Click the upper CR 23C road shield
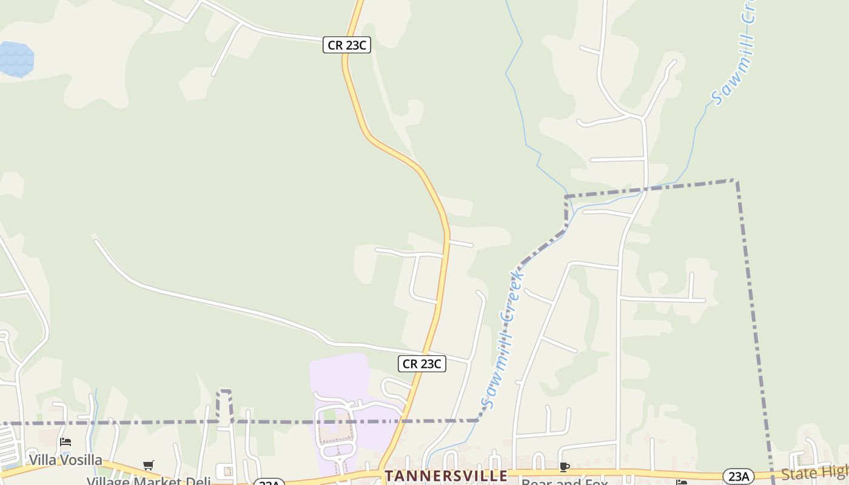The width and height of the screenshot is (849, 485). click(x=346, y=45)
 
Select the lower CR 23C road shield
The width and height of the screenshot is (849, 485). click(x=422, y=364)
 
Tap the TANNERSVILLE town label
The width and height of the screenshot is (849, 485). click(x=446, y=476)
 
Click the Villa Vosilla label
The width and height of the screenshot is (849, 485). click(x=65, y=460)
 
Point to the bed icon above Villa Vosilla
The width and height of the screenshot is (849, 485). click(x=65, y=441)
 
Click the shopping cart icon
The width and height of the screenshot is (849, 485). click(x=149, y=465)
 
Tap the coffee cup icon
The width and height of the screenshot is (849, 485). click(x=565, y=467)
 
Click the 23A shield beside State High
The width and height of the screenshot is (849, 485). click(x=739, y=477)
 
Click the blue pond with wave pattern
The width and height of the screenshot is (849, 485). click(x=15, y=59)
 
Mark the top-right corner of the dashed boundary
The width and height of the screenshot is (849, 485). click(x=736, y=180)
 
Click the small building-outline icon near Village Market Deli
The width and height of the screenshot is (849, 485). click(x=228, y=471)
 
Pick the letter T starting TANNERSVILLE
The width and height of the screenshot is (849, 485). click(x=389, y=476)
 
